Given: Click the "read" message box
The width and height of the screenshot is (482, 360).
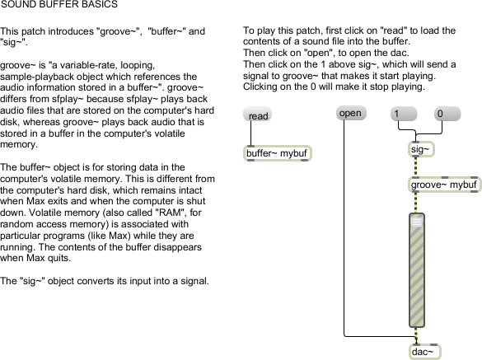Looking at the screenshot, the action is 257,115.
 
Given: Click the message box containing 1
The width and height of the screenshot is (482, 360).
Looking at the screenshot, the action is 404,114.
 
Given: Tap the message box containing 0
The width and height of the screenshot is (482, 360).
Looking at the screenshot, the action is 447,114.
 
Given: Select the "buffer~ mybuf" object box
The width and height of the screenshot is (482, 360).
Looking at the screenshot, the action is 278,153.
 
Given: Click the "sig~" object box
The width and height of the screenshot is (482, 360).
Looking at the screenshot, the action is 422,149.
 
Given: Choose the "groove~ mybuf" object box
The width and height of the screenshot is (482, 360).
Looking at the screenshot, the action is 444,185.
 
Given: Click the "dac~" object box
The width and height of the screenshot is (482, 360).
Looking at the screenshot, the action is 425,352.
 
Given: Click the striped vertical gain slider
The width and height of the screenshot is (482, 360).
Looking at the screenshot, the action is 417,270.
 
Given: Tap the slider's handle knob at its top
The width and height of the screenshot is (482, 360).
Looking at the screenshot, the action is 417,222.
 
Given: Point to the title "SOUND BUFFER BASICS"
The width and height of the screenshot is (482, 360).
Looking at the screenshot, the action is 59,4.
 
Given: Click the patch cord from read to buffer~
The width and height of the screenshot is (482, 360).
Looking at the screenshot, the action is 250,133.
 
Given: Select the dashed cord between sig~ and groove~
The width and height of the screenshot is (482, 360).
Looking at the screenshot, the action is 416,167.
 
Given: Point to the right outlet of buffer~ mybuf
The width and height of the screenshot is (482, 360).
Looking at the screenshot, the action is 304,160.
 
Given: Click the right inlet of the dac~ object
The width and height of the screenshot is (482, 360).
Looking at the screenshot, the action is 433,345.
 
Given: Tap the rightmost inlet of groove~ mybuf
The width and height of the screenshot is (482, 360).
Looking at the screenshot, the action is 475,178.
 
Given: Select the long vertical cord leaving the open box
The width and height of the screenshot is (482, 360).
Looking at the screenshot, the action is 344,228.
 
